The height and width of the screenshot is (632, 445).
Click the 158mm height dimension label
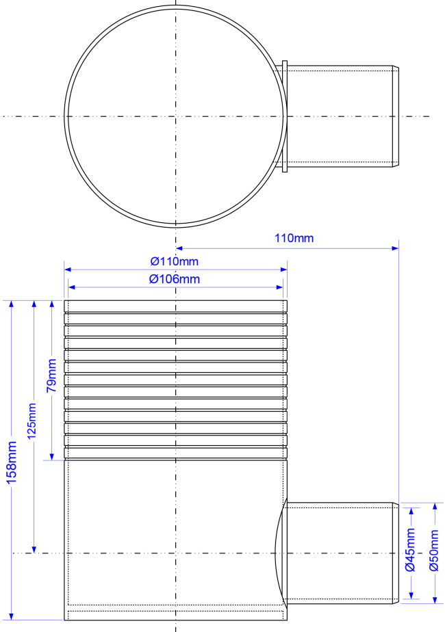coord(12,462)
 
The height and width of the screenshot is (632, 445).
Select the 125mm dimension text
coord(31,421)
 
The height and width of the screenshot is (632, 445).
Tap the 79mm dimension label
coord(51,376)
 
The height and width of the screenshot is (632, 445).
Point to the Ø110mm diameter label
coord(175,261)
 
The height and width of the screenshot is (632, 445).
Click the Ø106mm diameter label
coord(175,279)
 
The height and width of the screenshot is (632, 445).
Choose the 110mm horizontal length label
coord(294,238)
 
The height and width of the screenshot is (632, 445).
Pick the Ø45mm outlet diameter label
coord(410,550)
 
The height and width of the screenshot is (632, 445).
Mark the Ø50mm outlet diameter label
coord(434,550)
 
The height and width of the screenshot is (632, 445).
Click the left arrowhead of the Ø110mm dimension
coord(67,269)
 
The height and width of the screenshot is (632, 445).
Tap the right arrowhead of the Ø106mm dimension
coord(279,287)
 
